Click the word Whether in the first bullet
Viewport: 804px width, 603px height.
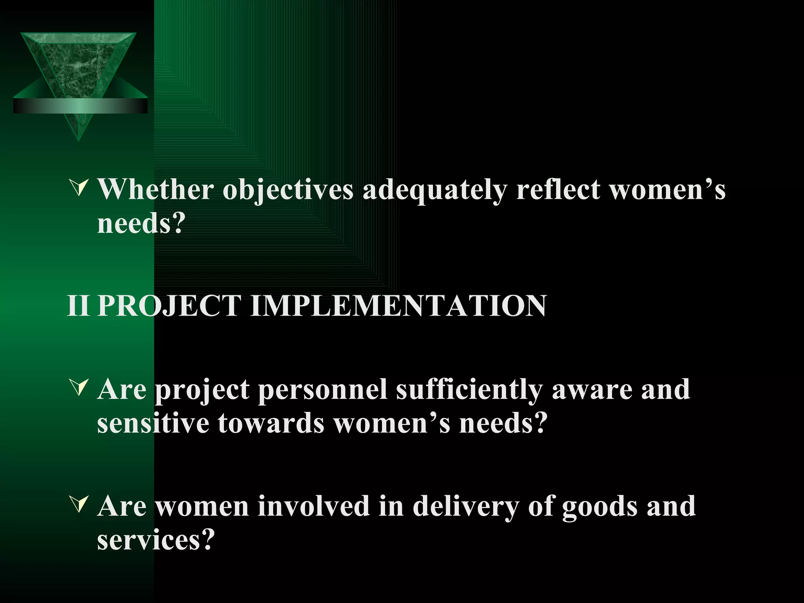[155, 190]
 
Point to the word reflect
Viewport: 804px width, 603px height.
[558, 190]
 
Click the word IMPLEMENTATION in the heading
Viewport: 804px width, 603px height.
[398, 305]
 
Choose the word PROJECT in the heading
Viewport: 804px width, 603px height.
[169, 305]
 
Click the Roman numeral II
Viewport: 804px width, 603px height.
[79, 305]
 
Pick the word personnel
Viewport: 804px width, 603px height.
[322, 390]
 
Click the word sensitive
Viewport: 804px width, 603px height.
[153, 424]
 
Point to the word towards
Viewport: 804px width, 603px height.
[271, 424]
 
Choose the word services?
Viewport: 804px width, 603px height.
[156, 540]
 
